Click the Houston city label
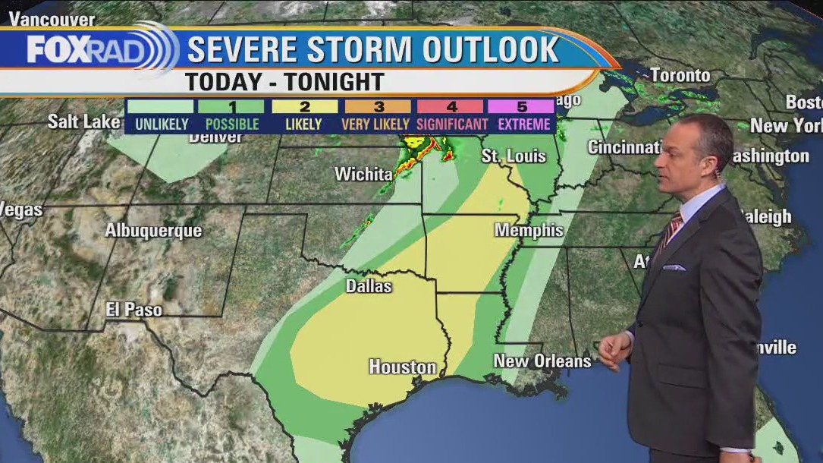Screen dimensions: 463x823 (x=402, y=367)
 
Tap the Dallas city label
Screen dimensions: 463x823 (x=369, y=286)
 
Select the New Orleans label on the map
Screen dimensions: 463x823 (x=542, y=361)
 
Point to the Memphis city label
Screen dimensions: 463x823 (x=529, y=230)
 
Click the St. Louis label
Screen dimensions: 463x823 (x=514, y=156)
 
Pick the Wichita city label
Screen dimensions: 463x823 (x=363, y=174)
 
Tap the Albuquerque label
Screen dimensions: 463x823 (x=153, y=231)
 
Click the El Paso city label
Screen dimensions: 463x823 (x=134, y=309)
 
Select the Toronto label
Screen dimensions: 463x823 (x=680, y=75)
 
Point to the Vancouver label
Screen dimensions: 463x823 (x=52, y=19)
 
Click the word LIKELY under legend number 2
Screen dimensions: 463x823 (x=303, y=124)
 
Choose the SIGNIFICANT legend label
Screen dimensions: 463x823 (x=452, y=124)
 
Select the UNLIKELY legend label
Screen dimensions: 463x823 (x=161, y=124)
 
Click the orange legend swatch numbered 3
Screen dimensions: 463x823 (x=378, y=107)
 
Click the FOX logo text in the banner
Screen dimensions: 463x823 (x=58, y=51)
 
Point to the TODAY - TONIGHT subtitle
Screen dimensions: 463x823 (x=284, y=81)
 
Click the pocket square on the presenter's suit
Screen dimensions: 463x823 (x=674, y=267)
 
